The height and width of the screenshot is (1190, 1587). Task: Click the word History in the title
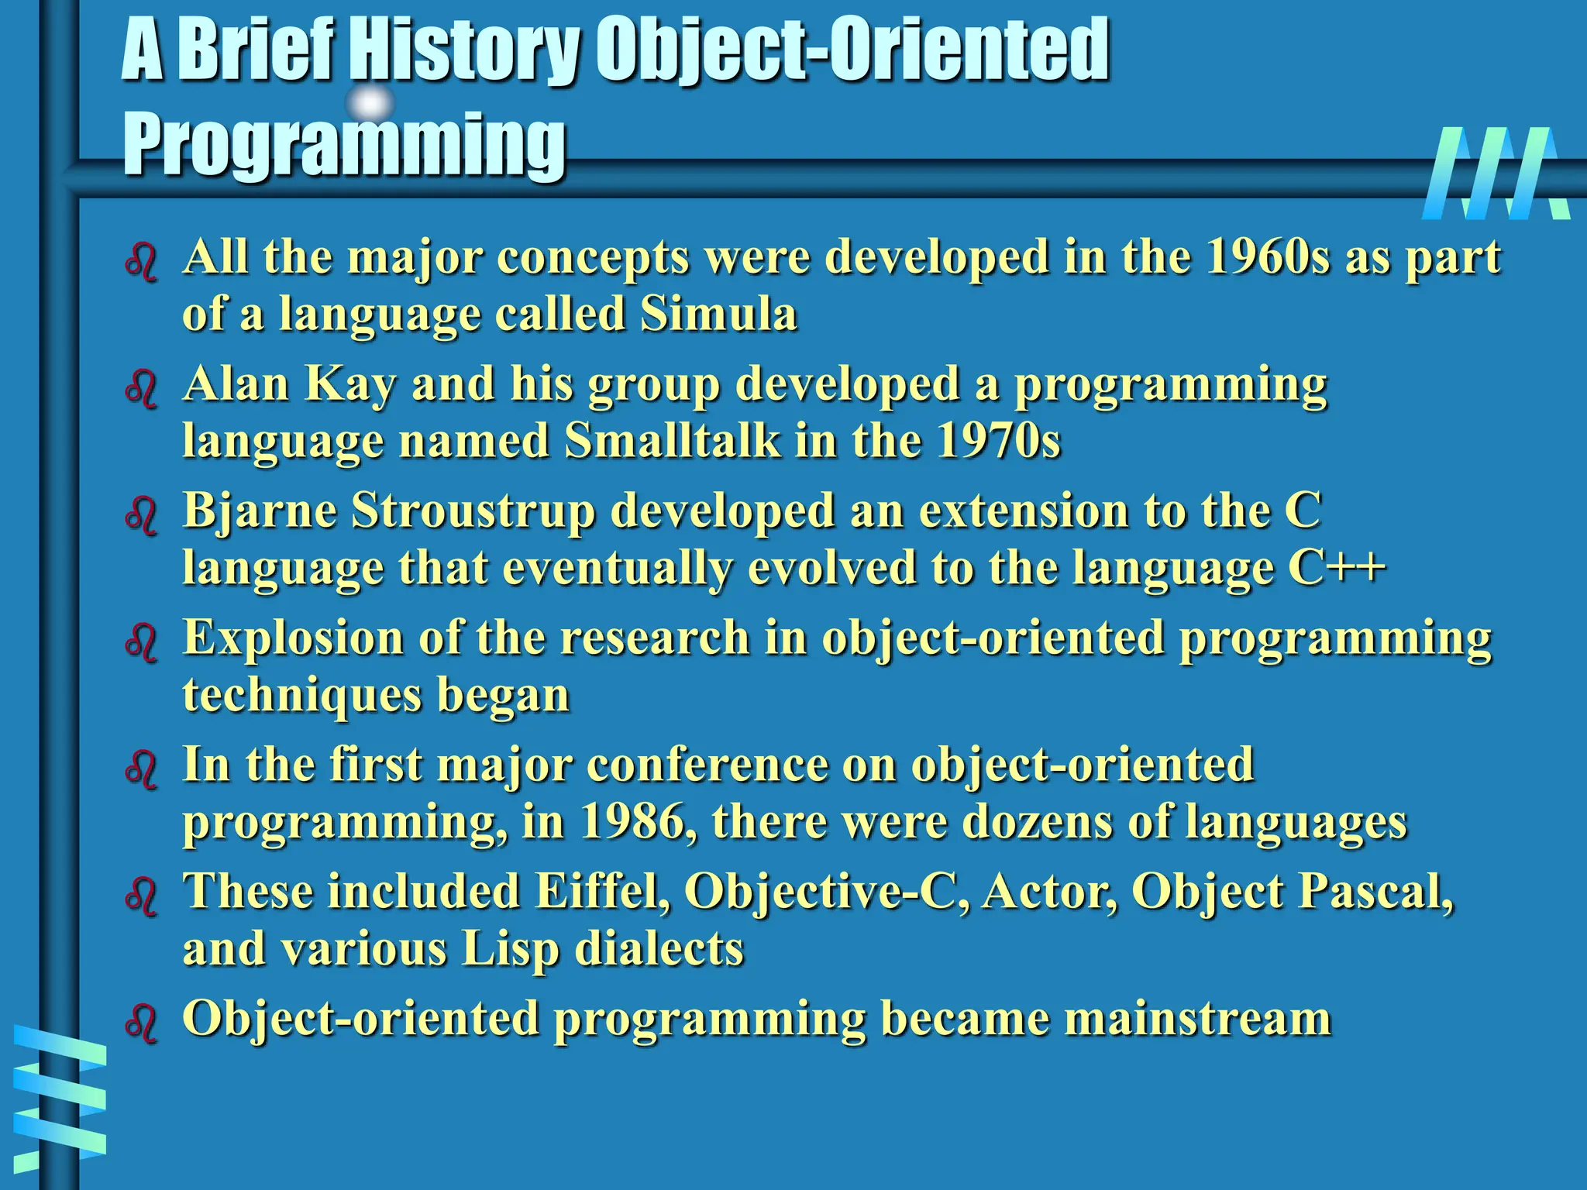click(463, 51)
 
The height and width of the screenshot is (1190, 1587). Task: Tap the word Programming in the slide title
click(344, 145)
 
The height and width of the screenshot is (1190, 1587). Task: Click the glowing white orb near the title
click(370, 103)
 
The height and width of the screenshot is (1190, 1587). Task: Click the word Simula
click(718, 315)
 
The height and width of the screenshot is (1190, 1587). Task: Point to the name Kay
click(349, 384)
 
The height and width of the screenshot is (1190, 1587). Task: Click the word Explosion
click(293, 638)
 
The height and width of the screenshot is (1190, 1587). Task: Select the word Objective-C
click(826, 892)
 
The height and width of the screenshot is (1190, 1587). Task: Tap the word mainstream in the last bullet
click(1196, 1019)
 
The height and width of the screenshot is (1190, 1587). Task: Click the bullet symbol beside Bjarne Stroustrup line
click(141, 516)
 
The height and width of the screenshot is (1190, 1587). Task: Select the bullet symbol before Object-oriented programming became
click(141, 1023)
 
